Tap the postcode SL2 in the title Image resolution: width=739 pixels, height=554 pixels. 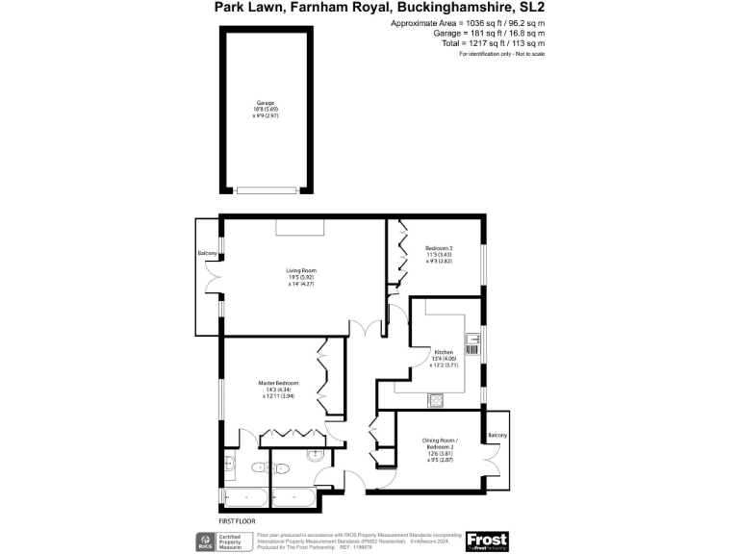pyautogui.click(x=531, y=8)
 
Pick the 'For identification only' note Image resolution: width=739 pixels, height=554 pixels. pyautogui.click(x=501, y=54)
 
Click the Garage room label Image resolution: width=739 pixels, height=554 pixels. pyautogui.click(x=265, y=103)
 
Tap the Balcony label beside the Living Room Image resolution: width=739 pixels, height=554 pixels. pyautogui.click(x=207, y=253)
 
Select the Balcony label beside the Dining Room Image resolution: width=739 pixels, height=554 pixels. pyautogui.click(x=497, y=436)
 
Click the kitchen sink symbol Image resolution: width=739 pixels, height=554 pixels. pyautogui.click(x=472, y=340)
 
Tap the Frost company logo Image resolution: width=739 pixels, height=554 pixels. pyautogui.click(x=486, y=541)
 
